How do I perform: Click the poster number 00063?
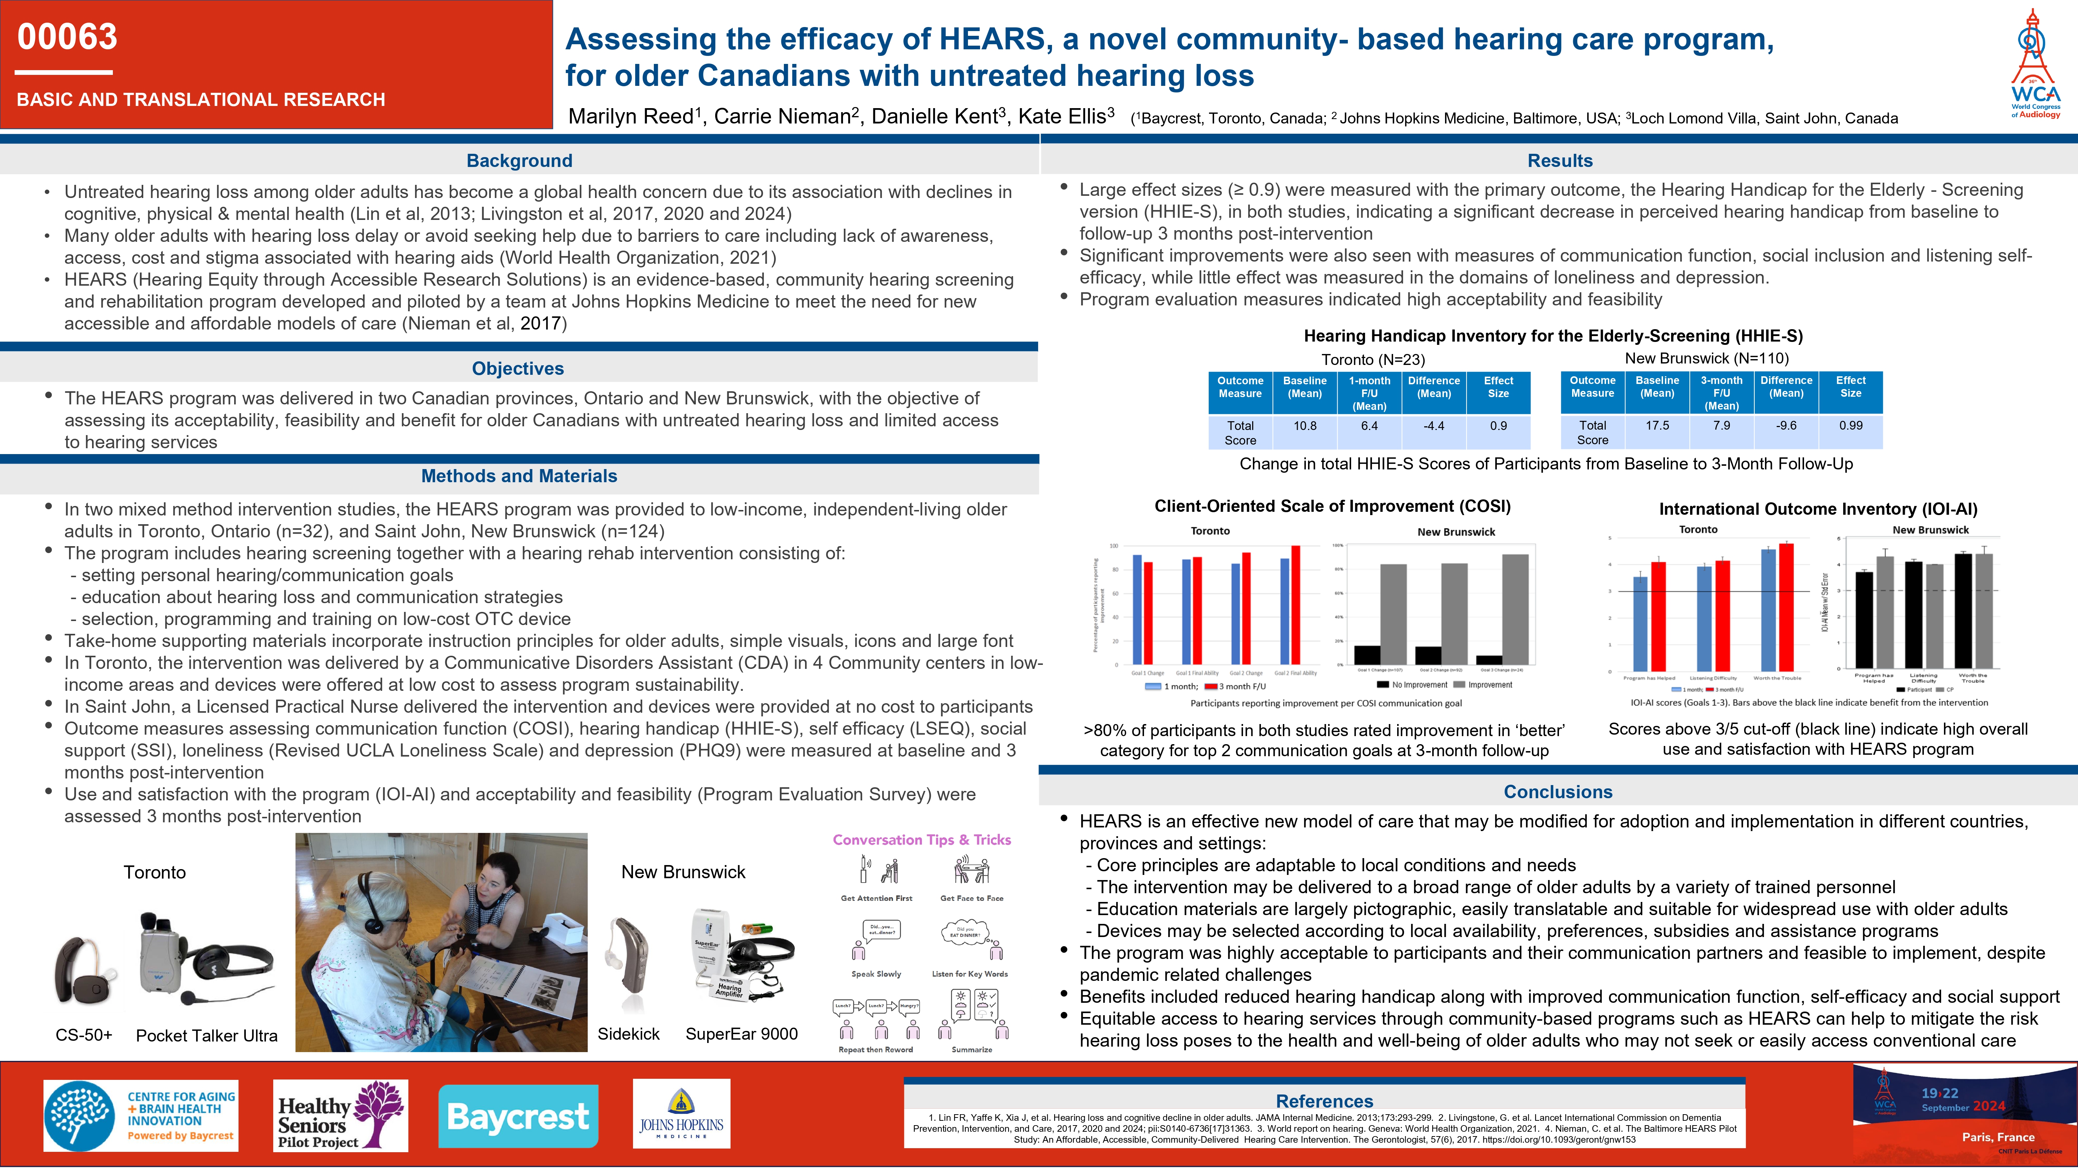coord(68,37)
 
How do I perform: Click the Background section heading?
coord(519,160)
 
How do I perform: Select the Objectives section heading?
coord(518,369)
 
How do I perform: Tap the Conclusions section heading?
coord(1558,792)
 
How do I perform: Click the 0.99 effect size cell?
coord(1850,426)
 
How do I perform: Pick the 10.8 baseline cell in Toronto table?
coord(1304,426)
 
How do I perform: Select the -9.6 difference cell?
coord(1786,426)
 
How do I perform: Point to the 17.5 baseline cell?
coord(1657,426)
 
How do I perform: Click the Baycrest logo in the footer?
coord(518,1116)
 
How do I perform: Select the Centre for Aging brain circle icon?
coord(79,1116)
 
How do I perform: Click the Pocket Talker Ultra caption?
coord(206,1036)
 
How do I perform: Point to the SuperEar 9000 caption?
coord(741,1034)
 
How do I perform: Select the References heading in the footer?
coord(1324,1101)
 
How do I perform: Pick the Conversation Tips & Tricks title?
coord(921,840)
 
